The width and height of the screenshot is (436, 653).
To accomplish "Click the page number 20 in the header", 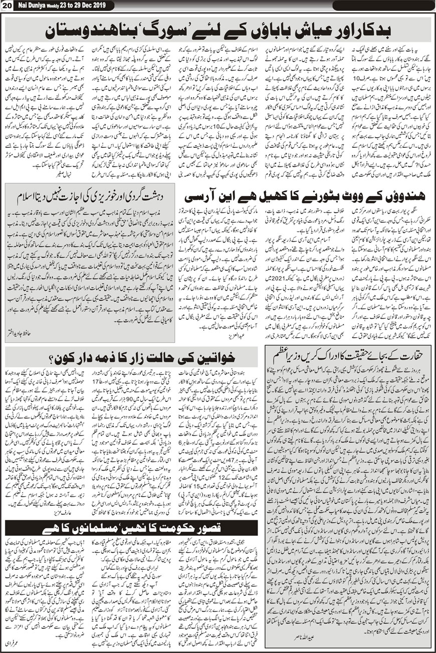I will (x=7, y=5).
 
